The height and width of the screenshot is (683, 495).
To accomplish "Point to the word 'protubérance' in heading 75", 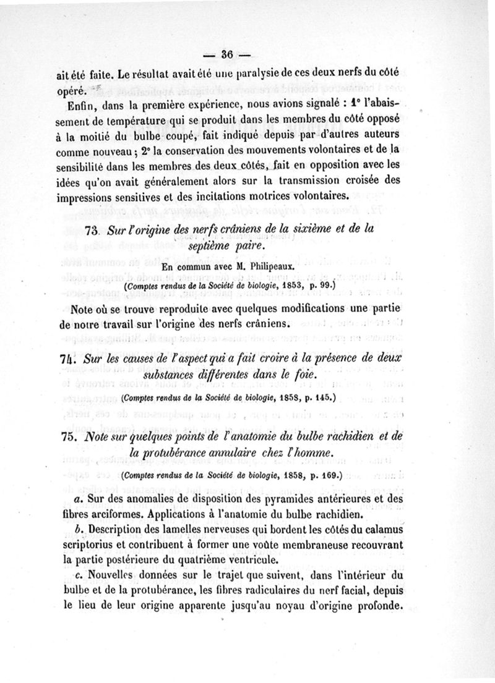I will (189, 453).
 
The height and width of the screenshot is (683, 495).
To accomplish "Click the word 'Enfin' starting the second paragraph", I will (85, 103).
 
